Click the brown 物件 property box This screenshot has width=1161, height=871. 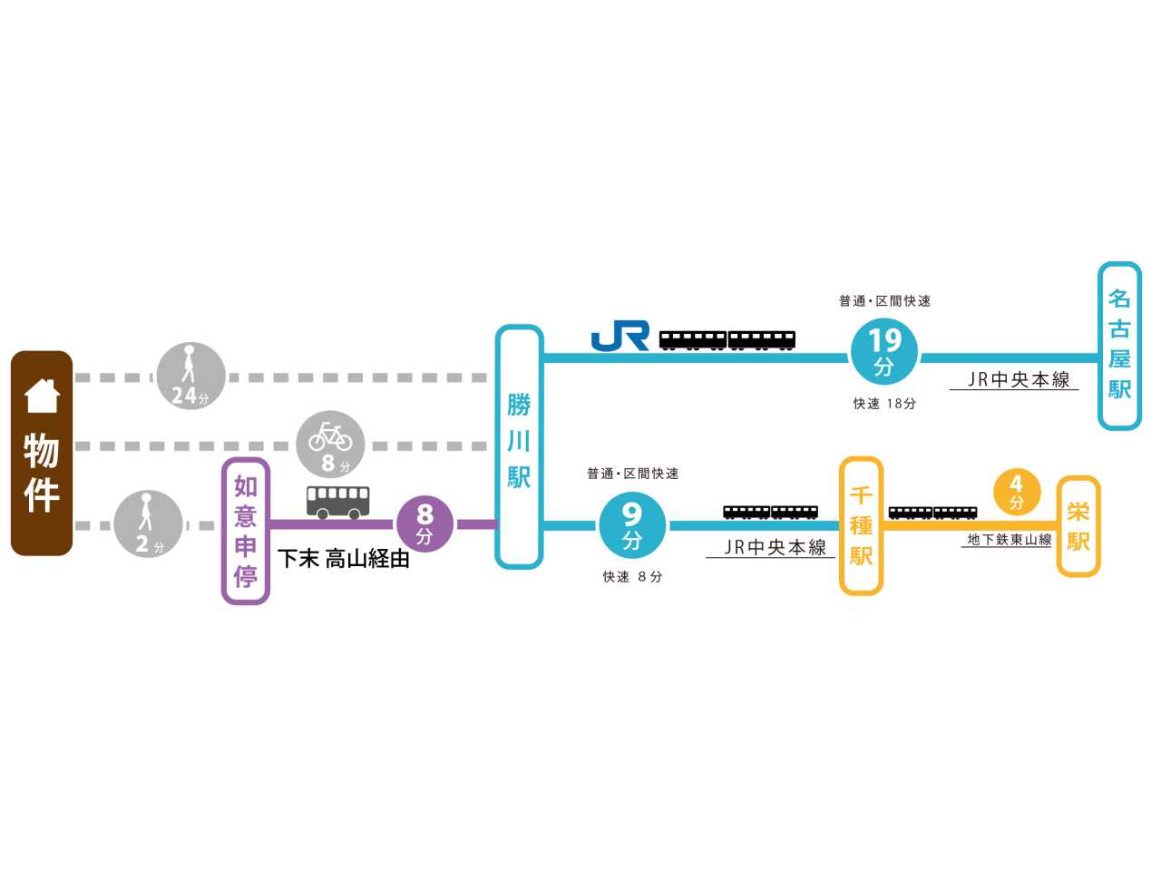coord(42,453)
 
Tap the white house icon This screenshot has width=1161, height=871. coord(42,396)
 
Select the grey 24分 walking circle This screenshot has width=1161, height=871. coord(191,376)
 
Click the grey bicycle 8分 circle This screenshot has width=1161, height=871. coord(330,445)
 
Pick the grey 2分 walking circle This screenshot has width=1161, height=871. coord(148,524)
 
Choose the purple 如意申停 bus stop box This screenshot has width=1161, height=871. coord(246,531)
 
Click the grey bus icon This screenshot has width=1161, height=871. coord(338,503)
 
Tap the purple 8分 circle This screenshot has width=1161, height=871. coord(424,524)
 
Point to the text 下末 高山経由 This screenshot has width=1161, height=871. coord(344,559)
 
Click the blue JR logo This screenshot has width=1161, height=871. coord(620,336)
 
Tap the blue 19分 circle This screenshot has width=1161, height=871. coord(883,351)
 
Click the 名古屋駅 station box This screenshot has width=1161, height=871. coord(1119,346)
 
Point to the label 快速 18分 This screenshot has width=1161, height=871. coord(884,404)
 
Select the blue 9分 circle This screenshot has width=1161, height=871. coord(632,525)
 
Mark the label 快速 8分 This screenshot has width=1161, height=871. coord(632,576)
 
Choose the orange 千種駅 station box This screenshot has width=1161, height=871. coord(861,526)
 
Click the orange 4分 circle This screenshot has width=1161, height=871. coord(1017,493)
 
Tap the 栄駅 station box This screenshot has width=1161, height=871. coord(1078,526)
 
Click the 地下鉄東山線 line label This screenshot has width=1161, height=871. coord(1010,540)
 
